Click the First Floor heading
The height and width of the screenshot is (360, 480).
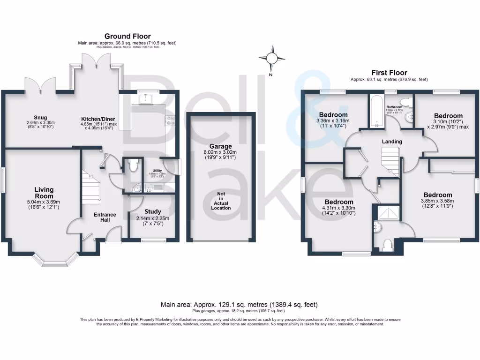[389, 73]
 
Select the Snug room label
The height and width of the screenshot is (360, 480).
[40, 118]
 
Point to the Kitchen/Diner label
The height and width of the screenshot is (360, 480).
[98, 119]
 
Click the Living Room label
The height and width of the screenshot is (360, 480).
[44, 193]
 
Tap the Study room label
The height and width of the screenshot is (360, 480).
[153, 212]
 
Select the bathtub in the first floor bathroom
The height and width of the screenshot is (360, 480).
[376, 112]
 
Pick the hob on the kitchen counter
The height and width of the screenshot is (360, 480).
[169, 121]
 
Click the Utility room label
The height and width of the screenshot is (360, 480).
[153, 171]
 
